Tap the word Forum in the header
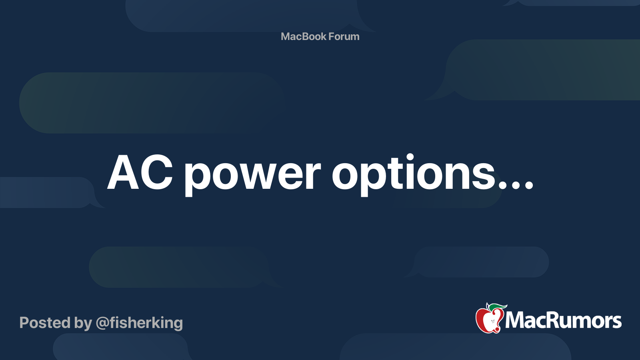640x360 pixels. pyautogui.click(x=344, y=36)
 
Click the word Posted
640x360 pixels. pyautogui.click(x=45, y=323)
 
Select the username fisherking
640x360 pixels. pyautogui.click(x=146, y=323)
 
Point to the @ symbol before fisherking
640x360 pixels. pyautogui.click(x=102, y=323)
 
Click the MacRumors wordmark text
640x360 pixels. pyautogui.click(x=563, y=320)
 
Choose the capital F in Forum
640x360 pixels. pyautogui.click(x=332, y=36)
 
